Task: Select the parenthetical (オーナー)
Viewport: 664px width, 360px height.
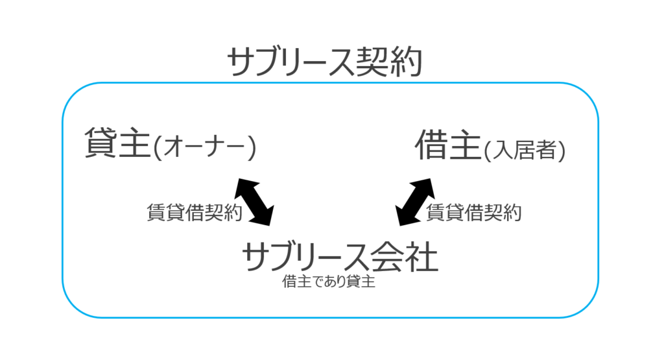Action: pyautogui.click(x=206, y=148)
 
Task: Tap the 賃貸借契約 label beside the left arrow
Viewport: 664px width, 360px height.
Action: pyautogui.click(x=195, y=212)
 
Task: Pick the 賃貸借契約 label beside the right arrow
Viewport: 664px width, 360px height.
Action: pyautogui.click(x=474, y=212)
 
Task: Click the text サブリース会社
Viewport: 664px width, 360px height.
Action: pyautogui.click(x=340, y=258)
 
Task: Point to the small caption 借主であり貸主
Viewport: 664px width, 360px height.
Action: pyautogui.click(x=329, y=283)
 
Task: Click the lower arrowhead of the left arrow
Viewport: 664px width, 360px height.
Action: pyautogui.click(x=267, y=218)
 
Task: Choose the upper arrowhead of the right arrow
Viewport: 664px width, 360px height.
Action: pyautogui.click(x=426, y=185)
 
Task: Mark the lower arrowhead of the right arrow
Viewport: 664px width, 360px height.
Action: pyautogui.click(x=402, y=219)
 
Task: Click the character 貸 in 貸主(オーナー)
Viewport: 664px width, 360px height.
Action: pyautogui.click(x=101, y=144)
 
